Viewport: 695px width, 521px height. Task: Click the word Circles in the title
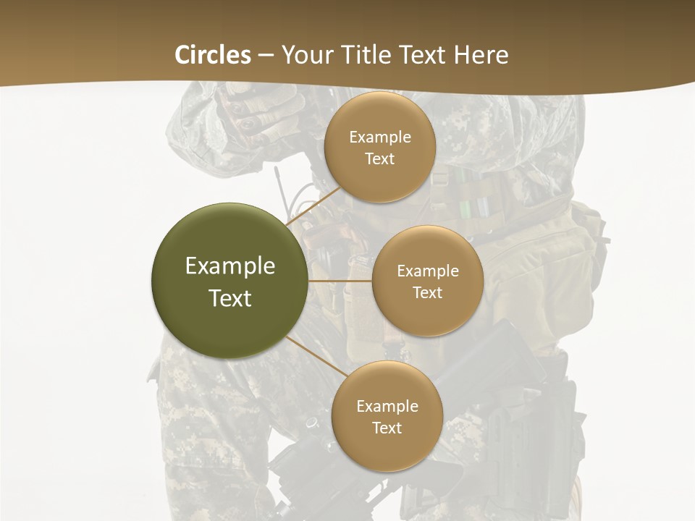point(213,55)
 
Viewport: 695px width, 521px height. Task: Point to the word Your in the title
point(304,55)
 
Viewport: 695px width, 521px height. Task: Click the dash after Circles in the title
point(266,56)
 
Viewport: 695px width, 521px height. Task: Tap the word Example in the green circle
point(229,266)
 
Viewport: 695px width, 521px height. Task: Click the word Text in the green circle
point(229,298)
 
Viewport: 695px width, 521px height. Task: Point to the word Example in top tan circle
point(379,137)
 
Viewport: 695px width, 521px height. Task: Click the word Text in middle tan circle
point(427,292)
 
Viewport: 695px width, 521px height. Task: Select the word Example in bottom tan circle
point(387,406)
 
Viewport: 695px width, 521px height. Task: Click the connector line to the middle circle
point(340,281)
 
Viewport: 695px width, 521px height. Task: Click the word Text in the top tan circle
point(379,159)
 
